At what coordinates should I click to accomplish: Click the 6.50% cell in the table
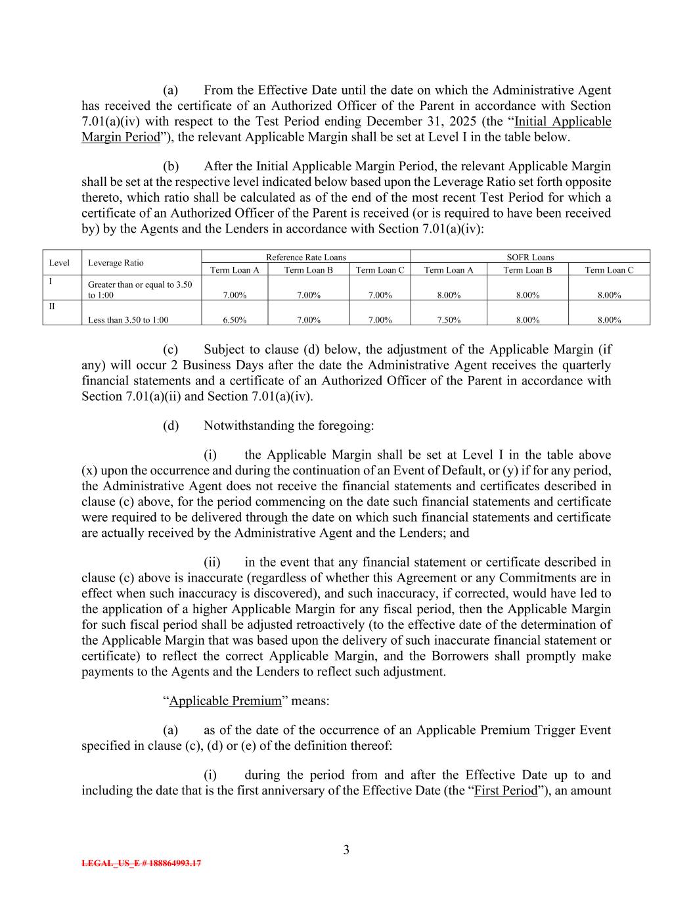(x=235, y=320)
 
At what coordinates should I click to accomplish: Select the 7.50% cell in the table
(x=449, y=320)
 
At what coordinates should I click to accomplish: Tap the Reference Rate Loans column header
(x=305, y=257)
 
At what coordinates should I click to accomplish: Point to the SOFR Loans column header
(x=530, y=257)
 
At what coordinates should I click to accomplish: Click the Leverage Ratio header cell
(x=116, y=263)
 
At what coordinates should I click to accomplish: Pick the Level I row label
(x=51, y=281)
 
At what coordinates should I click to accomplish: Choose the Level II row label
(x=52, y=306)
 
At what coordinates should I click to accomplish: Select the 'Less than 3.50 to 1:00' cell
(x=128, y=320)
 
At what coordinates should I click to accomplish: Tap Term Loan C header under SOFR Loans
(x=609, y=269)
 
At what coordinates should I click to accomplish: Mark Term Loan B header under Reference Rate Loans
(x=308, y=269)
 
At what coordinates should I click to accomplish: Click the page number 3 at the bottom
(x=346, y=850)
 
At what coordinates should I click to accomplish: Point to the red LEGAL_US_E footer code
(x=141, y=863)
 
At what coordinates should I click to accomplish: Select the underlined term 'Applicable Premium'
(x=225, y=701)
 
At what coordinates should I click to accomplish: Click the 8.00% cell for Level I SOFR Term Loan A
(x=449, y=295)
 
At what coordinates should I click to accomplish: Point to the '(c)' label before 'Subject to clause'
(x=171, y=349)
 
